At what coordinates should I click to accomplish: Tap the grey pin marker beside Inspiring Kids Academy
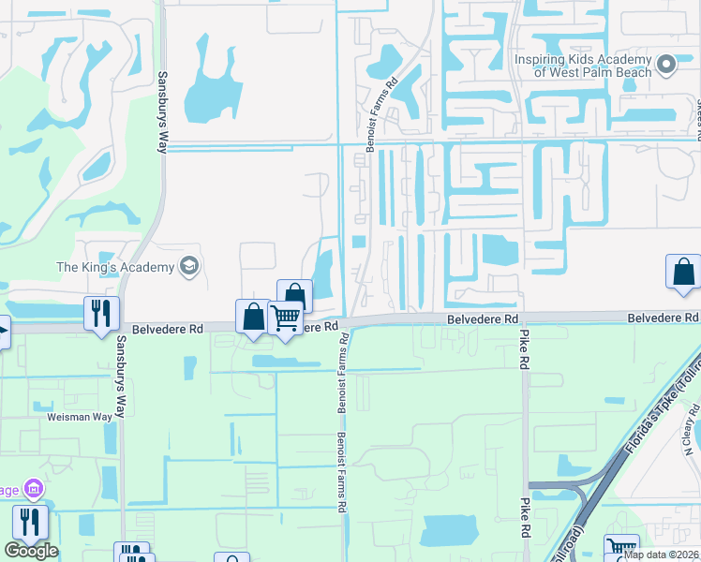pyautogui.click(x=666, y=64)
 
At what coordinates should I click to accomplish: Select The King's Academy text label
pyautogui.click(x=116, y=267)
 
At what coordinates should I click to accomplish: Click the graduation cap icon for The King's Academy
pyautogui.click(x=189, y=267)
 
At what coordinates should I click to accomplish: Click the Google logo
pyautogui.click(x=31, y=551)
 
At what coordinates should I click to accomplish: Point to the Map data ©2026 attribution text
pyautogui.click(x=661, y=554)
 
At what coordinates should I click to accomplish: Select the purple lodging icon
pyautogui.click(x=34, y=489)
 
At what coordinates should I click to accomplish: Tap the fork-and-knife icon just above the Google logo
pyautogui.click(x=29, y=523)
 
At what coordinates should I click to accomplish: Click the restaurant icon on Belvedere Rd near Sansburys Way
pyautogui.click(x=101, y=313)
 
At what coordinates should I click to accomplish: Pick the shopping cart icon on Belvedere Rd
pyautogui.click(x=285, y=318)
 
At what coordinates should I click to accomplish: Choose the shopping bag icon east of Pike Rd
pyautogui.click(x=683, y=272)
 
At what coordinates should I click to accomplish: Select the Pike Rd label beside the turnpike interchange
pyautogui.click(x=525, y=518)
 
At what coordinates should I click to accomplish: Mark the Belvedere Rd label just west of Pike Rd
pyautogui.click(x=482, y=319)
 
